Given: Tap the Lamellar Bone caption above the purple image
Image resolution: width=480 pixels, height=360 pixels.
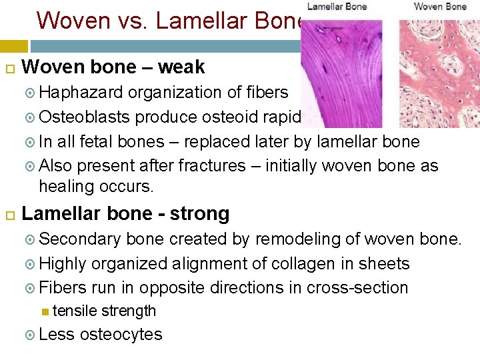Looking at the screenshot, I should [x=337, y=7].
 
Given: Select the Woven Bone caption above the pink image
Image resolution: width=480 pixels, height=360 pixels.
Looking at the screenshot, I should [x=440, y=7].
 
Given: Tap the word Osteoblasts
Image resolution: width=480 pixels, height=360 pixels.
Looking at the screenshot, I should [x=85, y=117].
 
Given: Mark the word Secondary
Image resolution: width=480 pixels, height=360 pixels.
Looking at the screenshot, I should [x=81, y=239].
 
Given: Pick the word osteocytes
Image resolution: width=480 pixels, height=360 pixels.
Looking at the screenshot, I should [x=121, y=334].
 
